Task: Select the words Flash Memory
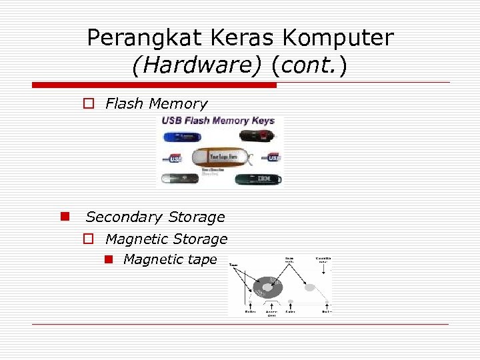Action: pos(157,104)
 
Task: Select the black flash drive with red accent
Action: pos(259,137)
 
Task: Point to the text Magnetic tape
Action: pos(170,260)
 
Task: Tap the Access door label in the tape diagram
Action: pos(272,313)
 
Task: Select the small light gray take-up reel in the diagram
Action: pos(309,287)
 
